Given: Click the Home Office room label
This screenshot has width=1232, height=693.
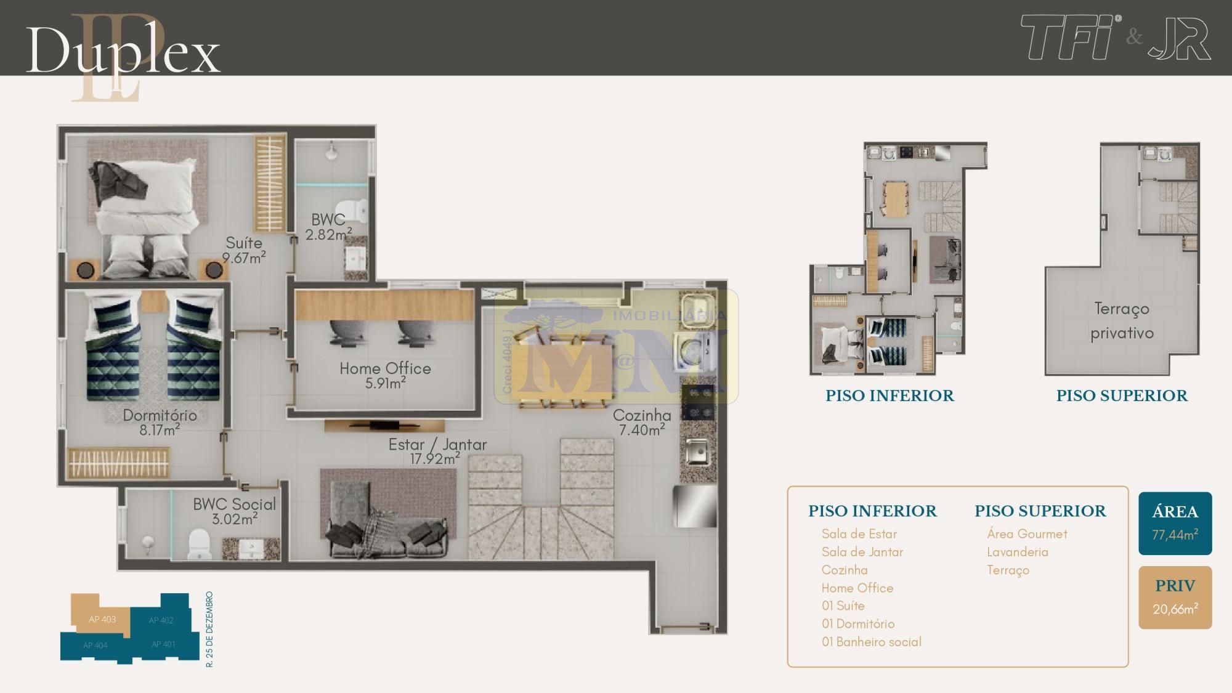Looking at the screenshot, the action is (385, 368).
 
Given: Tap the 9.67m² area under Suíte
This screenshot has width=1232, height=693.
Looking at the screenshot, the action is (244, 257).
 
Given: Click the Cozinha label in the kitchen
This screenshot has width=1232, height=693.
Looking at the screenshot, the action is (642, 415).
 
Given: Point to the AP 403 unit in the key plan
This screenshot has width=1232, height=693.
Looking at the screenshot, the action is (102, 619).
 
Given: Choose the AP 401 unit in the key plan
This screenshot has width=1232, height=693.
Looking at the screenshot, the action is (164, 644).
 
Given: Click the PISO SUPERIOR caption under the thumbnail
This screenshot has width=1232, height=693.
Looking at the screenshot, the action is (1122, 395).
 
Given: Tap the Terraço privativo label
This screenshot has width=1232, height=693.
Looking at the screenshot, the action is (1122, 320).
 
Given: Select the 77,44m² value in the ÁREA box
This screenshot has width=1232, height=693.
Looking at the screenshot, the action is (1175, 535).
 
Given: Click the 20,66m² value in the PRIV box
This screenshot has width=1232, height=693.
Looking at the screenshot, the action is (1175, 609).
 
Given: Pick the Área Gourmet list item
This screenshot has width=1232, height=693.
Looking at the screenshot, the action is (1027, 534).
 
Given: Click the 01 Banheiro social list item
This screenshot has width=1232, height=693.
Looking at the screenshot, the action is (872, 642).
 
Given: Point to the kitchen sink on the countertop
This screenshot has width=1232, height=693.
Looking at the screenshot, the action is (697, 453).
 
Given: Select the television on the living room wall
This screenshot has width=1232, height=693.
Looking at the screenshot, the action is (384, 424).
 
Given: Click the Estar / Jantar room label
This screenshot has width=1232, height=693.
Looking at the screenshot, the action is (437, 444).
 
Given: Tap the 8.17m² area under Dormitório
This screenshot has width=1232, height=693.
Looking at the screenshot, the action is (160, 429).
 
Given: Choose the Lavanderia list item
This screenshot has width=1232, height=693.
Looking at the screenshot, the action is (1018, 552).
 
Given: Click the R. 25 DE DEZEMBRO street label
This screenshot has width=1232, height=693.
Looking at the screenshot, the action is (210, 630).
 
